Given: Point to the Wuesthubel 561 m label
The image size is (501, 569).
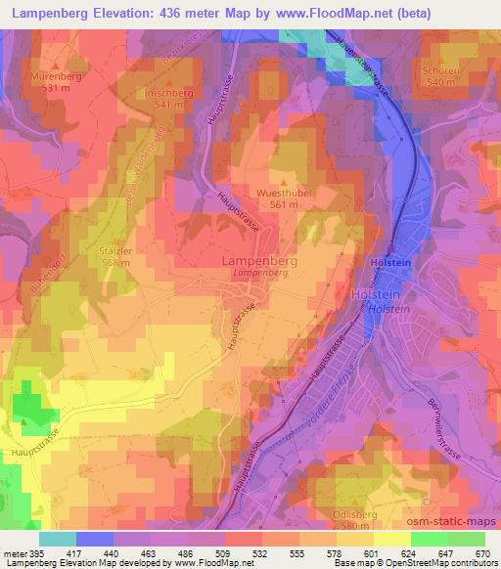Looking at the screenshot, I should coord(284,198).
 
